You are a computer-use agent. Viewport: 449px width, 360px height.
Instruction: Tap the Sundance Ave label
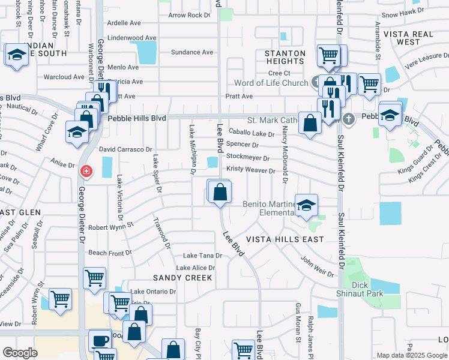click(192, 52)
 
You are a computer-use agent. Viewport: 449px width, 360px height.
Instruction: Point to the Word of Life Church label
click(271, 82)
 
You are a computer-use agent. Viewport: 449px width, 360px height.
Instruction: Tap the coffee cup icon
click(100, 341)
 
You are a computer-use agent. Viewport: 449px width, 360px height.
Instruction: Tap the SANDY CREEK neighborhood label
click(182, 278)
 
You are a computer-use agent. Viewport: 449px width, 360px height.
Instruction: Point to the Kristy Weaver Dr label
click(251, 170)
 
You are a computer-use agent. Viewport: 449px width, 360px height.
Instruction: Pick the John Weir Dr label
click(317, 266)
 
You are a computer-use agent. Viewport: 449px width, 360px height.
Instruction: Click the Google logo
click(20, 352)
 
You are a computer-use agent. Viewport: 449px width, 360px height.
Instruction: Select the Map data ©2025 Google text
click(411, 355)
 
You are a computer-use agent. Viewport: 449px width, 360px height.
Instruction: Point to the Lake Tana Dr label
click(202, 256)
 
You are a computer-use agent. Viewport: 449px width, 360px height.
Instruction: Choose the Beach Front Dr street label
click(110, 253)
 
